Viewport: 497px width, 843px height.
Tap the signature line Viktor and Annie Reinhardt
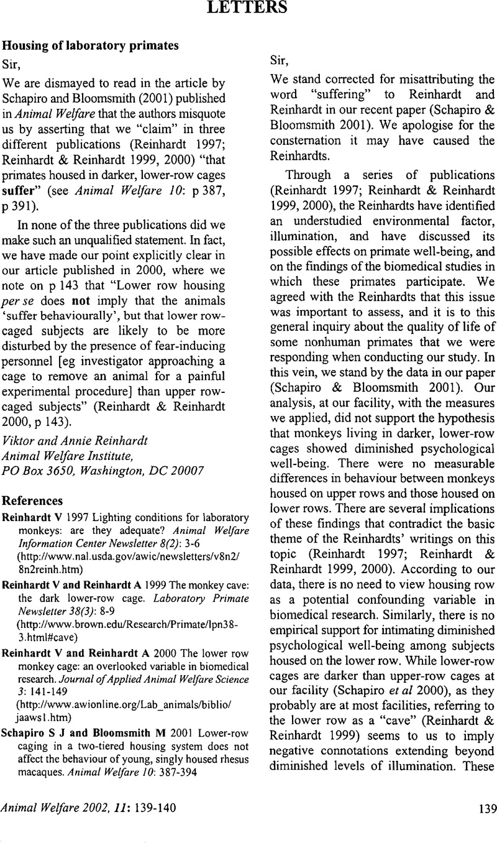coord(66,422)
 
